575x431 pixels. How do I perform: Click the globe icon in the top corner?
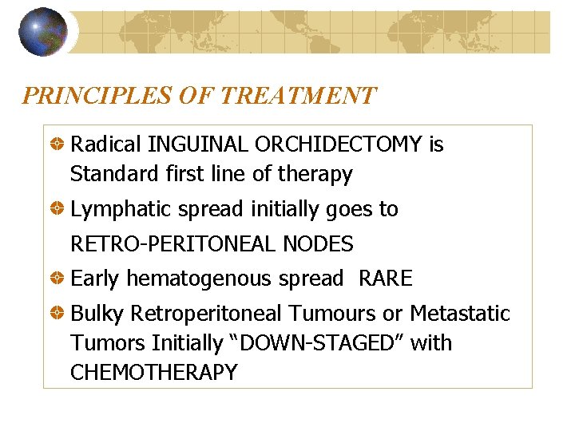pyautogui.click(x=42, y=31)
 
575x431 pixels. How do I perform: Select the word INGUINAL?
pyautogui.click(x=198, y=144)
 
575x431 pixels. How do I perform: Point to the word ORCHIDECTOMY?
pyautogui.click(x=339, y=144)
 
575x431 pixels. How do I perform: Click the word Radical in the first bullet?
pyautogui.click(x=106, y=144)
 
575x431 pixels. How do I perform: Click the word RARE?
pyautogui.click(x=386, y=279)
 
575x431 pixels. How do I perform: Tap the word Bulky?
pyautogui.click(x=97, y=314)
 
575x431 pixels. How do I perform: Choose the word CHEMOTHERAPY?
pyautogui.click(x=153, y=372)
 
